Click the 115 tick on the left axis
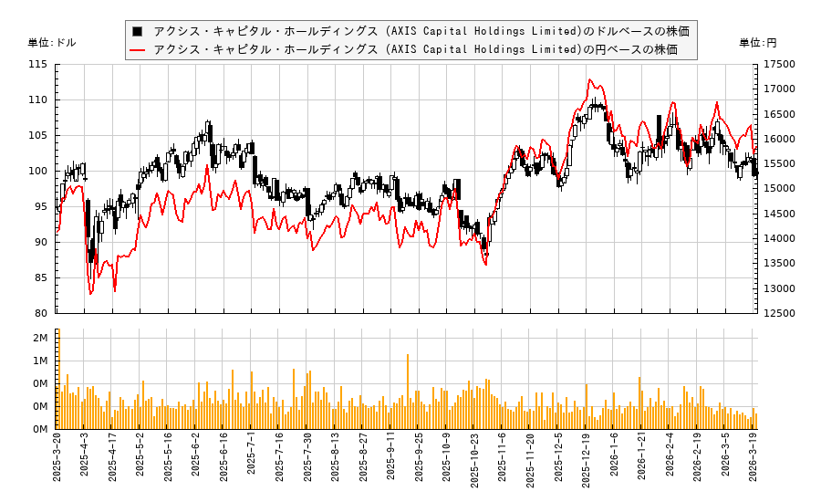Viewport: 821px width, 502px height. click(x=38, y=65)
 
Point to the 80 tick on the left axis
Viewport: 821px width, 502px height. click(x=41, y=313)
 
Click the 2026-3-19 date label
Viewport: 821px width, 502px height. click(x=754, y=464)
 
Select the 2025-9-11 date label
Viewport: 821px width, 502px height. click(x=391, y=464)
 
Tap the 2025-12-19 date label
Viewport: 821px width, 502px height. click(x=587, y=464)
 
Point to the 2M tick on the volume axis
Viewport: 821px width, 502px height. click(x=40, y=339)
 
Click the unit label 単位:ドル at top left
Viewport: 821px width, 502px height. click(x=52, y=43)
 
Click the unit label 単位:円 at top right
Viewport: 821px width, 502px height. click(x=758, y=43)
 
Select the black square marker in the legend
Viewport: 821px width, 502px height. click(x=139, y=31)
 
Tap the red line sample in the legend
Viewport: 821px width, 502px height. click(x=139, y=49)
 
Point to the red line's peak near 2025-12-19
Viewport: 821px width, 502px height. click(x=589, y=79)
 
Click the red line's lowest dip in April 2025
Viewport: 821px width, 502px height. click(x=90, y=294)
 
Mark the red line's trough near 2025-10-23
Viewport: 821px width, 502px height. click(x=485, y=265)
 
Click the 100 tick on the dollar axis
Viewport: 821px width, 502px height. click(x=38, y=171)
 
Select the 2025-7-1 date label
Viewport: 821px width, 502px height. click(x=252, y=464)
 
